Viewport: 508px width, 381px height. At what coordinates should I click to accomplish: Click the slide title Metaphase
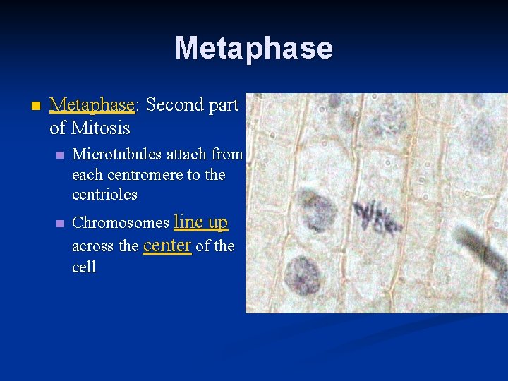[x=253, y=48]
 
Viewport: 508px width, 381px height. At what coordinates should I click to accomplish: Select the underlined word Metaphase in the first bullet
[x=92, y=105]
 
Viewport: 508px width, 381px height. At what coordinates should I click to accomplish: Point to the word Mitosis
[x=101, y=128]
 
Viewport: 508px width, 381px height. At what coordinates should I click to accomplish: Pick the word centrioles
[x=104, y=194]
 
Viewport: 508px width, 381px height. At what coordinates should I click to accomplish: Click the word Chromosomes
[x=121, y=223]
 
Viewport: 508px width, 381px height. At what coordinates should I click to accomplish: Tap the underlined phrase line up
[x=200, y=222]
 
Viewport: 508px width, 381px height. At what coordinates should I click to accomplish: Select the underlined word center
[x=167, y=245]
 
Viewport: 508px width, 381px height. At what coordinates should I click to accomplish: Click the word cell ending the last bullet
[x=83, y=267]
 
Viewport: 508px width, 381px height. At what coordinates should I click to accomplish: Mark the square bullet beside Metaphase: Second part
[x=27, y=106]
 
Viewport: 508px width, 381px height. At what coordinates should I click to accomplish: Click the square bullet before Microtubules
[x=59, y=155]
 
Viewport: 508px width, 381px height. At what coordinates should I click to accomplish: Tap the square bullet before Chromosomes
[x=59, y=224]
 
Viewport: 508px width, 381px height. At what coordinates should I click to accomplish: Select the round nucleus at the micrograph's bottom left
[x=302, y=274]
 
